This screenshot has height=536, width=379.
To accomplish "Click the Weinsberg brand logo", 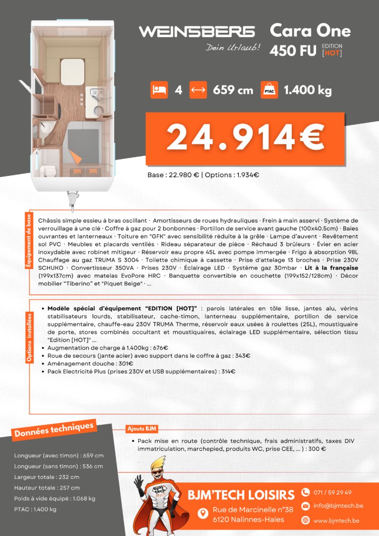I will [196, 32].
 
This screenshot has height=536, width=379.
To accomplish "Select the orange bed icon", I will [159, 90].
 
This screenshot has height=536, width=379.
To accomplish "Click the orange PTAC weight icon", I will [269, 90].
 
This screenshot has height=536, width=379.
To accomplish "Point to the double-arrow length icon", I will [198, 90].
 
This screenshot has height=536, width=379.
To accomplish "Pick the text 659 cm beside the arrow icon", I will [233, 90].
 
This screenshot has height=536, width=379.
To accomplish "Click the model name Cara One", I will [310, 31].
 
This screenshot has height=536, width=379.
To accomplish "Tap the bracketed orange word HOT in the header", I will [332, 53].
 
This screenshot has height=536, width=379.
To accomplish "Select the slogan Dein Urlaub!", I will [233, 48].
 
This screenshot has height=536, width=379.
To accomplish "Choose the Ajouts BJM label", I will [142, 428].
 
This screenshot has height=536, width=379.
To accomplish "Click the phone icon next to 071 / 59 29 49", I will [306, 492].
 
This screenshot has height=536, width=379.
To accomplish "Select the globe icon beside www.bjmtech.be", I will [306, 520].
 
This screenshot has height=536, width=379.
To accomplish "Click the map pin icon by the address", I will [203, 513].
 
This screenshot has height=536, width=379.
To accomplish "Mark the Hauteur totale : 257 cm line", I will [47, 488].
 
